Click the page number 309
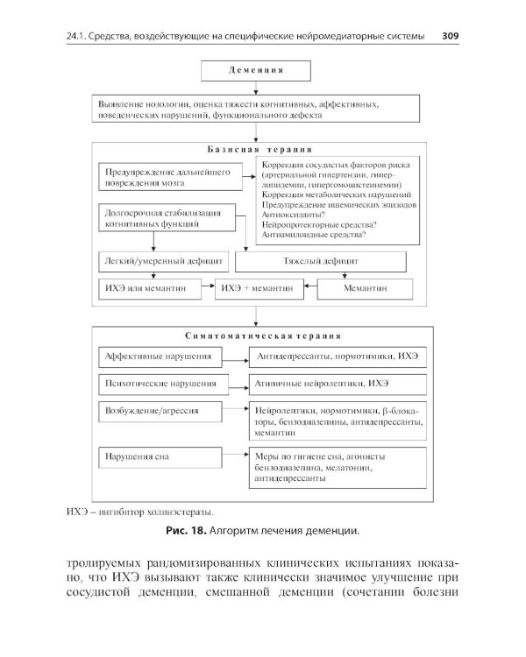[451, 37]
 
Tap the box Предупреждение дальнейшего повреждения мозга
[163, 179]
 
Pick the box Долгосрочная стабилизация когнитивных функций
[163, 218]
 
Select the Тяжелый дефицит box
[321, 261]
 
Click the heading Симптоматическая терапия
[262, 335]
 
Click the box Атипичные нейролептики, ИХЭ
[338, 384]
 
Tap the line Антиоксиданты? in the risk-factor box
[294, 214]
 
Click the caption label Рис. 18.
[185, 531]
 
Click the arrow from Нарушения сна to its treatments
[236, 456]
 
